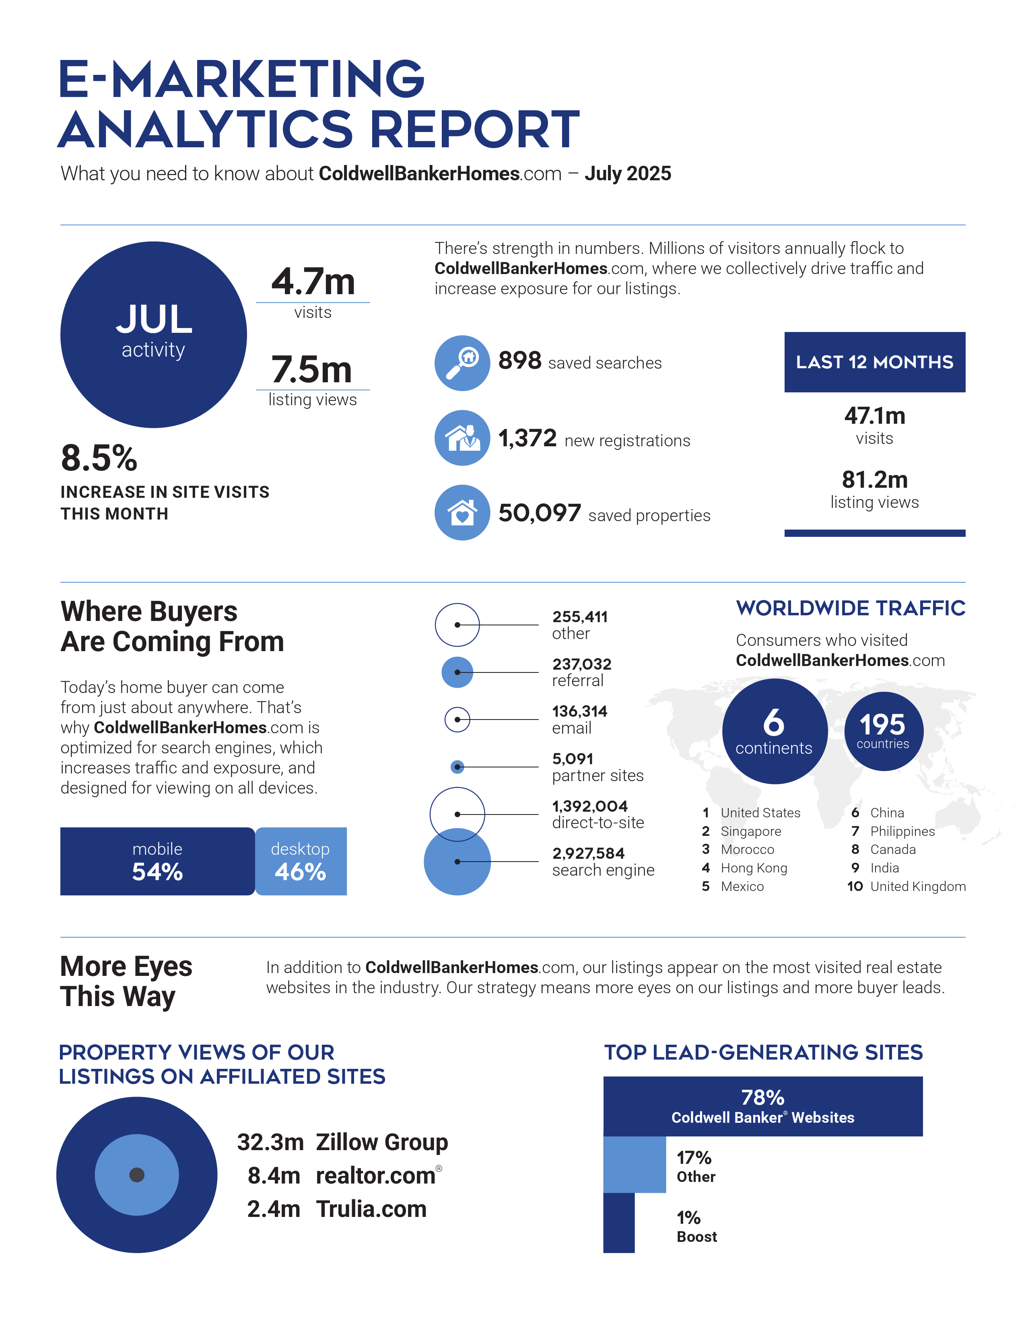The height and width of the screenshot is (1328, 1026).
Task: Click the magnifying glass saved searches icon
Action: pyautogui.click(x=462, y=363)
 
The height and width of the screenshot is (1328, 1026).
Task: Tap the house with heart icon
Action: pyautogui.click(x=462, y=513)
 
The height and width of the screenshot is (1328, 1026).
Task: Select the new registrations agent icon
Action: pyautogui.click(x=462, y=438)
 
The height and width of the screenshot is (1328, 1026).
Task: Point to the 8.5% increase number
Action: pyautogui.click(x=99, y=458)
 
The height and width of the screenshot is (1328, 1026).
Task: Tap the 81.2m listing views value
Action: pyautogui.click(x=875, y=480)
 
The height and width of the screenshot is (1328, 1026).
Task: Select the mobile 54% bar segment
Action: pyautogui.click(x=157, y=861)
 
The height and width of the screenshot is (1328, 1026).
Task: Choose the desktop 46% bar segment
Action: pyautogui.click(x=301, y=861)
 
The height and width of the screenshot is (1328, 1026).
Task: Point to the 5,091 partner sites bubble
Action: pyautogui.click(x=457, y=767)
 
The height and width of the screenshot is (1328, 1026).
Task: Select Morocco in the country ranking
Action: pyautogui.click(x=748, y=850)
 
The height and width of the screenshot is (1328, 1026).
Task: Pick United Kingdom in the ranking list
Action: pyautogui.click(x=918, y=887)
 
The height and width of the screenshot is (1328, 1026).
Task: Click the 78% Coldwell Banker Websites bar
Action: pyautogui.click(x=763, y=1106)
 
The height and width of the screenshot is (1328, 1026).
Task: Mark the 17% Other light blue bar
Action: pyautogui.click(x=635, y=1165)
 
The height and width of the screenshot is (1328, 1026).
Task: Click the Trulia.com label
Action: pyautogui.click(x=371, y=1209)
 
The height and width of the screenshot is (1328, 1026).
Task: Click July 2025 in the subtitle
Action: pyautogui.click(x=628, y=174)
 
